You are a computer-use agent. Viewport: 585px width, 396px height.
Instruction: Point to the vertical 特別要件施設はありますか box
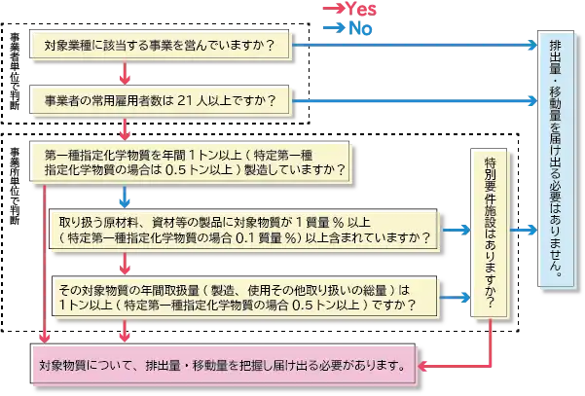(488, 234)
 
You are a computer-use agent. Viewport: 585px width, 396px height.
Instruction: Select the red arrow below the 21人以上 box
(124, 128)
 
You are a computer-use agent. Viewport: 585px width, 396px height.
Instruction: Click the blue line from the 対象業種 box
(409, 46)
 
